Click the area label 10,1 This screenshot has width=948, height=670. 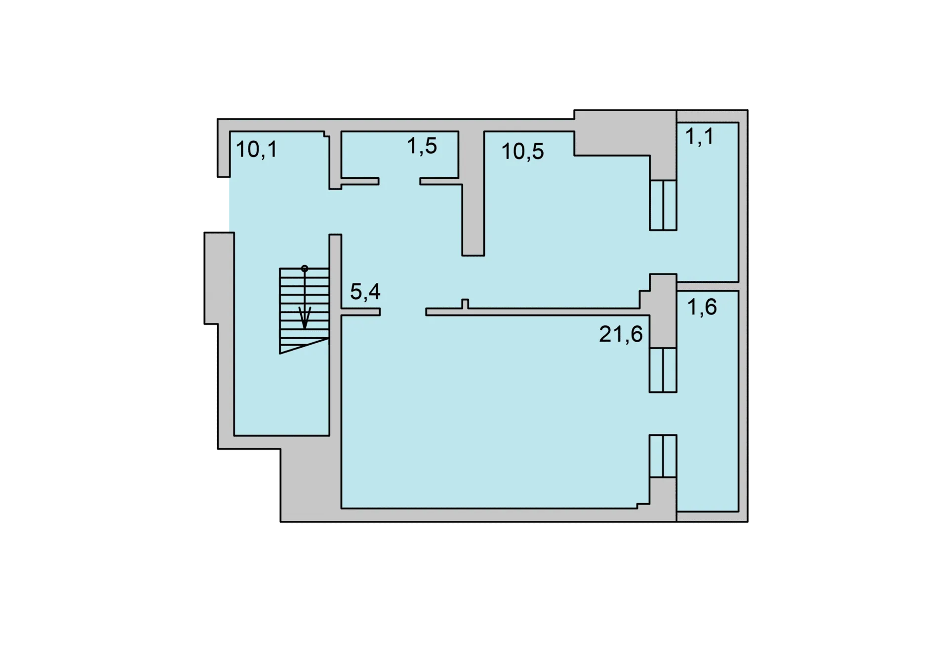(x=256, y=149)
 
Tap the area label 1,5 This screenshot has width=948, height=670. (x=422, y=146)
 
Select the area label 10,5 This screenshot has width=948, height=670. (x=522, y=151)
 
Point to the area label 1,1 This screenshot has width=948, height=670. (x=699, y=136)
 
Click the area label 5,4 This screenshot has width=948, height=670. (x=365, y=291)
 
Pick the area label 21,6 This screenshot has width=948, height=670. (x=621, y=334)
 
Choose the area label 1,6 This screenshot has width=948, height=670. (x=702, y=307)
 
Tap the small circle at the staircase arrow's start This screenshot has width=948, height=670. (x=305, y=269)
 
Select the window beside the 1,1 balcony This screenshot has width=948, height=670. (x=663, y=205)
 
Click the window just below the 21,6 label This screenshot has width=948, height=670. (x=663, y=370)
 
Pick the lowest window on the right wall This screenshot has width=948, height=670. (x=663, y=456)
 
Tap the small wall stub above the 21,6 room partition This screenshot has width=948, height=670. (x=465, y=304)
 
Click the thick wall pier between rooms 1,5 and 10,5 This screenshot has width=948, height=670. (x=473, y=193)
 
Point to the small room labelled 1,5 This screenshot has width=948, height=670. (x=399, y=154)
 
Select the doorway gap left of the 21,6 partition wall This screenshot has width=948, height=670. (x=403, y=312)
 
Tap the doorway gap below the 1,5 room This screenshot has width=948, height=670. (x=399, y=181)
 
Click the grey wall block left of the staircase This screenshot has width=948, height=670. (x=219, y=278)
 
